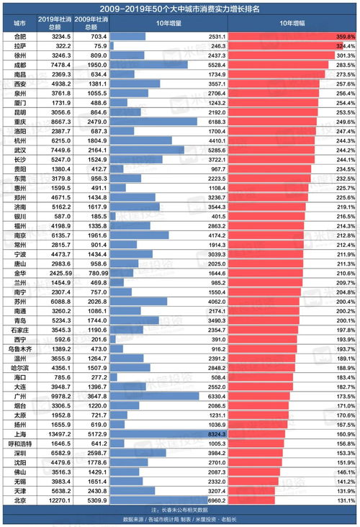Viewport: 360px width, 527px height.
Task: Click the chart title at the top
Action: (x=180, y=8)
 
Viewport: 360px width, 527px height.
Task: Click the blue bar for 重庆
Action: (x=154, y=122)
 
